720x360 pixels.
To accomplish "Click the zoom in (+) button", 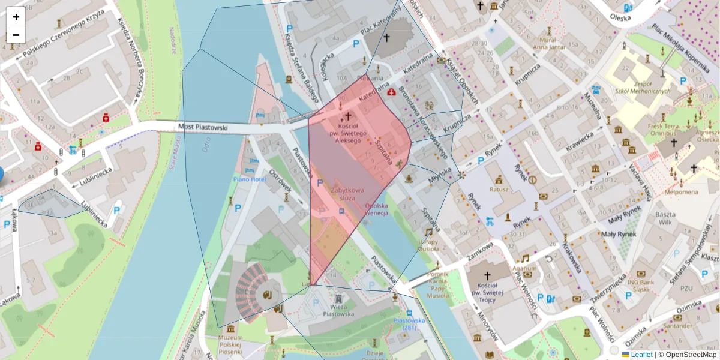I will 16,17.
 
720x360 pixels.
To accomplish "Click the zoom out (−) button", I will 16,35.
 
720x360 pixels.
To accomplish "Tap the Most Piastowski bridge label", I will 203,127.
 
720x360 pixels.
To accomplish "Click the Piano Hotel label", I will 250,179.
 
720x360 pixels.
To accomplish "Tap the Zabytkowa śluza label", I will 343,193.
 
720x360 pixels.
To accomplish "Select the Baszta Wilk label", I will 665,218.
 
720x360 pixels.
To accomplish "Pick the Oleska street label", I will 620,17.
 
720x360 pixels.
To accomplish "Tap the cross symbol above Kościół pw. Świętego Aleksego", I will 347,115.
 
